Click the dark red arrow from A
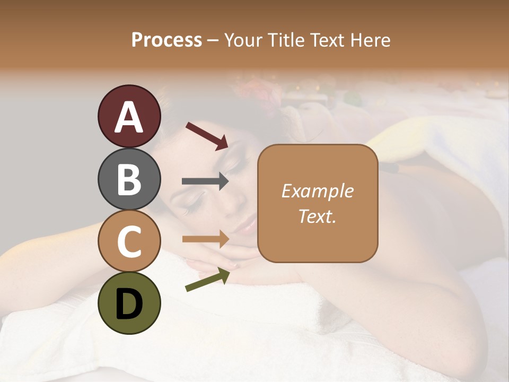click(207, 135)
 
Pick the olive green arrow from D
click(207, 280)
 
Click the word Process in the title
click(166, 40)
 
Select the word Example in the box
click(317, 191)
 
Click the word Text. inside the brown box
click(317, 216)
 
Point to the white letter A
click(129, 117)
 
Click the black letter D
click(129, 304)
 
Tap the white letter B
click(129, 179)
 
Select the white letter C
click(129, 241)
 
